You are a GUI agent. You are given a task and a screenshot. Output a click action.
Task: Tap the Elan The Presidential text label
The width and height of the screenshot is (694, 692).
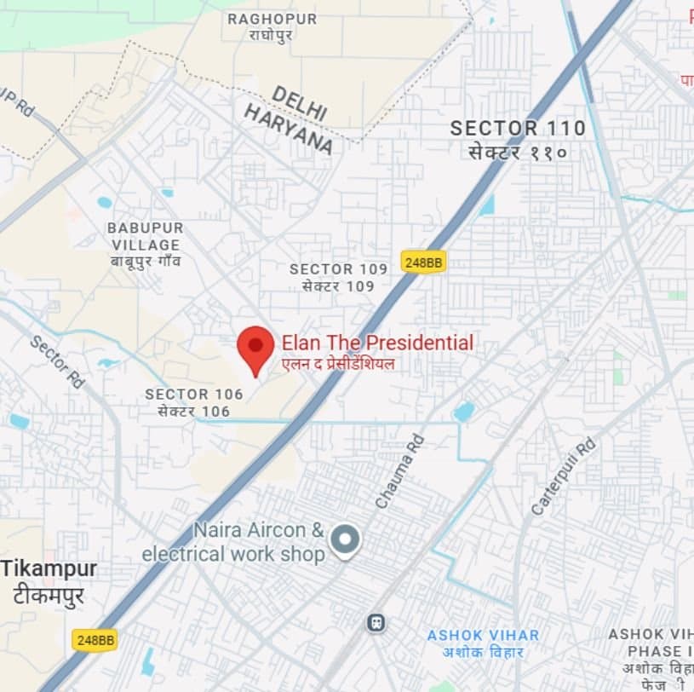[377, 343]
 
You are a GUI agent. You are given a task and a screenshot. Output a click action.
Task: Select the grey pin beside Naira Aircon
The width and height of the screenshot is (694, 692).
[345, 539]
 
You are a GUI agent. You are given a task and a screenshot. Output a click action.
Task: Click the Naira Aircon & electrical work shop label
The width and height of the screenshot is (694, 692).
[234, 542]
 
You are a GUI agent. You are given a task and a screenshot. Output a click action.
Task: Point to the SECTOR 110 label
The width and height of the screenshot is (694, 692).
[518, 129]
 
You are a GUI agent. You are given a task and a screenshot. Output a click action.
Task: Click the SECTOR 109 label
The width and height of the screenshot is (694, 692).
[338, 269]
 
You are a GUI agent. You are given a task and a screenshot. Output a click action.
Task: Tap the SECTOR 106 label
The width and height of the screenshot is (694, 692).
[194, 395]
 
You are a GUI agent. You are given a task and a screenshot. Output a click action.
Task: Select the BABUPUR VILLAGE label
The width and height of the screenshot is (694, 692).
[145, 237]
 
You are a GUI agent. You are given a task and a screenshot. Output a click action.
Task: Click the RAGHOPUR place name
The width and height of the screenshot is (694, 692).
[272, 19]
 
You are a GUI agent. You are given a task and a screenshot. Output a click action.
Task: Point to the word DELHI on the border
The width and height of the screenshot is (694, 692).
[299, 103]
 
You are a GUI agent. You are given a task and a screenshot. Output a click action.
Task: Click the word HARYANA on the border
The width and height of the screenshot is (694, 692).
[288, 130]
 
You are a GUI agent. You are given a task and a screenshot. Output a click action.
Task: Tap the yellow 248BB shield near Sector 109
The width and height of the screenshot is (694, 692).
[423, 262]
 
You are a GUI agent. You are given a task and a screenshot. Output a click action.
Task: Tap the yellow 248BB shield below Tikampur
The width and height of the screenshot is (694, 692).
[94, 639]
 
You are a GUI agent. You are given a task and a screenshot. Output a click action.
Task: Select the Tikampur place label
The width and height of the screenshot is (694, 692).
[49, 568]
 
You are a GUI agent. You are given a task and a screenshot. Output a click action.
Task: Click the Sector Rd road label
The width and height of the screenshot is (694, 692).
[57, 361]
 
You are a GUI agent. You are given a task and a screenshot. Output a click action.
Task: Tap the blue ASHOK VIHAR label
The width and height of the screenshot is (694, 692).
[483, 636]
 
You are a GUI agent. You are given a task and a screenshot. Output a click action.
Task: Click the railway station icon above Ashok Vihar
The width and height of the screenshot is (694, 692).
[376, 623]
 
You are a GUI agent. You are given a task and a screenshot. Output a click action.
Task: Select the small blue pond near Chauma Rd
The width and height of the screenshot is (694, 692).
[463, 412]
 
